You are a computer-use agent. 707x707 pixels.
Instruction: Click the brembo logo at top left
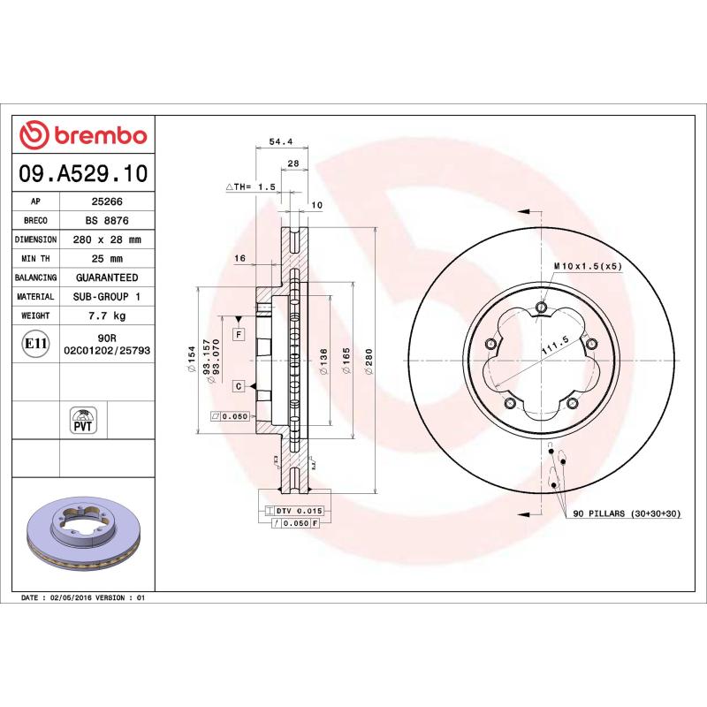pos(83,135)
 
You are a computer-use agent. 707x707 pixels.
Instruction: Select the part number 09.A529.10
pos(83,174)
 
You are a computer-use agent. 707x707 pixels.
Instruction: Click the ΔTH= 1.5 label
pos(251,187)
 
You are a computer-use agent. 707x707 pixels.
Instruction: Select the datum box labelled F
pos(239,334)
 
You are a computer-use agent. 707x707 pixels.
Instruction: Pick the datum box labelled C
pos(239,386)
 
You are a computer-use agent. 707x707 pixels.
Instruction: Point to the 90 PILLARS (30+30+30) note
pos(627,513)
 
